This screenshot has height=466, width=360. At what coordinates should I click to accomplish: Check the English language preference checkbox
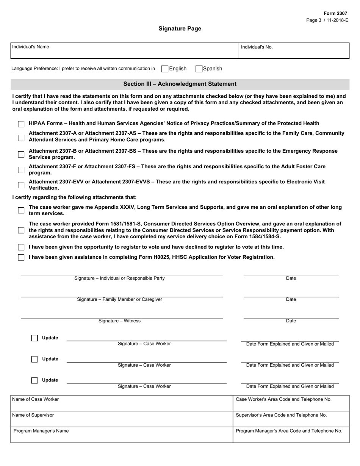point(165,69)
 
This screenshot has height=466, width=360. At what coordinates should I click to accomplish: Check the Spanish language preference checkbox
point(199,69)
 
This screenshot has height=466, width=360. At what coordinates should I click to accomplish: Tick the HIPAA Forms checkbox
point(21,124)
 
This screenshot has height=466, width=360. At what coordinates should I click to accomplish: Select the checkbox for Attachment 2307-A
point(21,137)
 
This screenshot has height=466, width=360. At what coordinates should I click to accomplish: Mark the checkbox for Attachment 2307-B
point(21,154)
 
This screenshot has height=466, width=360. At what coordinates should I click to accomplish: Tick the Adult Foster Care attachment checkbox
point(21,170)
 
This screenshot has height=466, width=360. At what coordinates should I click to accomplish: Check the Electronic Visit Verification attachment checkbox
point(21,185)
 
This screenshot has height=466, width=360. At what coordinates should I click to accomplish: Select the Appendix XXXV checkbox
point(21,210)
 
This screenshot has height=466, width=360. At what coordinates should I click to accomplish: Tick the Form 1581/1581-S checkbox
point(21,230)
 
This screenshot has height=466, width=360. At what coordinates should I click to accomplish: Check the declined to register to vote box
point(21,247)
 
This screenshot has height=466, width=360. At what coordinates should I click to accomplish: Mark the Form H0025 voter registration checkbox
point(21,257)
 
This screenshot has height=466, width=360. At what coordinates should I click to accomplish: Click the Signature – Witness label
point(119,321)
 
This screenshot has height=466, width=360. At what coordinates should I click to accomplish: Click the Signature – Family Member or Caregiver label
point(119,299)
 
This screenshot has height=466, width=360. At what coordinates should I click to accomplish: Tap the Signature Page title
point(180,29)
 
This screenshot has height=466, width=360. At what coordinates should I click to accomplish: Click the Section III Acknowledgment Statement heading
point(180,84)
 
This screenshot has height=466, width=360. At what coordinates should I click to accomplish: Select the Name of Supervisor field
point(121,419)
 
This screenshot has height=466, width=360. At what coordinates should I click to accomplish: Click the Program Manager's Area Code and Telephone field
point(291,435)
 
